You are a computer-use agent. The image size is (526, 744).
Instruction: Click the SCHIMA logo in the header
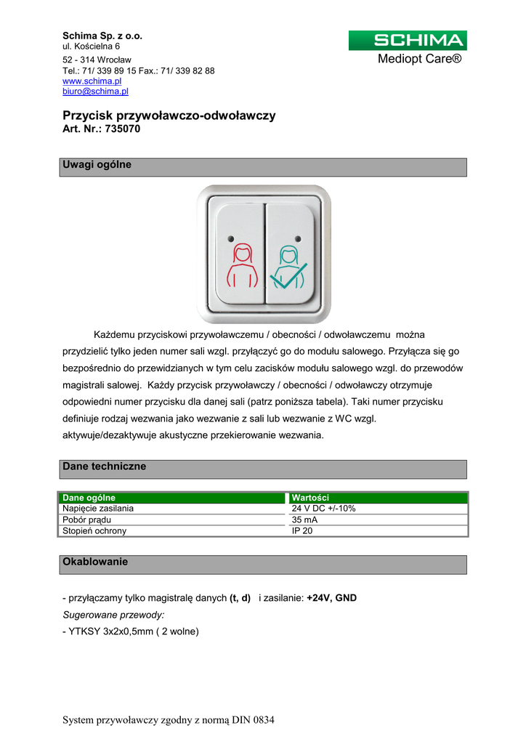(408, 41)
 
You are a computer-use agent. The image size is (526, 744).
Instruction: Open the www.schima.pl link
(92, 81)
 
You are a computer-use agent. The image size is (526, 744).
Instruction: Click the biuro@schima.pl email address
(95, 92)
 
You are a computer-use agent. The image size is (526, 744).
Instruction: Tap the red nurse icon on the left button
(242, 266)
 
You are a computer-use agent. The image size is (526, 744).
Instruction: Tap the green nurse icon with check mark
(288, 267)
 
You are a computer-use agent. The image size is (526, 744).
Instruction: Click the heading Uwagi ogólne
(97, 165)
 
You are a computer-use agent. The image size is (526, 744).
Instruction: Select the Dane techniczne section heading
(105, 466)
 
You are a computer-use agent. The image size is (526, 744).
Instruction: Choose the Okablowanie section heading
(95, 562)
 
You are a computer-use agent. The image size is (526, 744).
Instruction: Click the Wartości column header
(310, 498)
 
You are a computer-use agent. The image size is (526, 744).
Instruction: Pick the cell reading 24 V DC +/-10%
(323, 509)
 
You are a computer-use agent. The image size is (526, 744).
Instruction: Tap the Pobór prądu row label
(87, 519)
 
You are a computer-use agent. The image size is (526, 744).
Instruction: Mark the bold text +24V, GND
(331, 598)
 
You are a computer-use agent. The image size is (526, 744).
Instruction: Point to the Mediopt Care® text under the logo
(419, 59)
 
